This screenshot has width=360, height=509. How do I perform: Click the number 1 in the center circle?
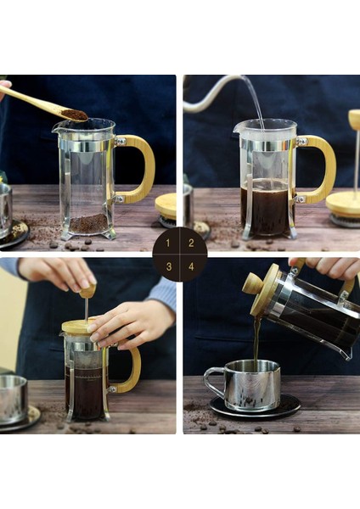[168, 243]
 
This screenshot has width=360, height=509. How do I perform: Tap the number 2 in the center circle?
[191, 243]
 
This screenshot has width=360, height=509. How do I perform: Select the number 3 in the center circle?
[168, 266]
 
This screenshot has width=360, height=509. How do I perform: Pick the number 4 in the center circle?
[191, 266]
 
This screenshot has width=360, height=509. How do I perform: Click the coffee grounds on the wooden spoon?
[74, 113]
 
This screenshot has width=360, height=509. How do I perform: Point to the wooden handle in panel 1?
[140, 169]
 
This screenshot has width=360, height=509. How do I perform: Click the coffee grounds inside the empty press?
[88, 224]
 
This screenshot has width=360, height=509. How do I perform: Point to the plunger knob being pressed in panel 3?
[87, 291]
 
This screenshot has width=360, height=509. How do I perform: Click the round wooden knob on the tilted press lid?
[252, 283]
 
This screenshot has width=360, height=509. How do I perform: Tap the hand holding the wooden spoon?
[4, 87]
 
